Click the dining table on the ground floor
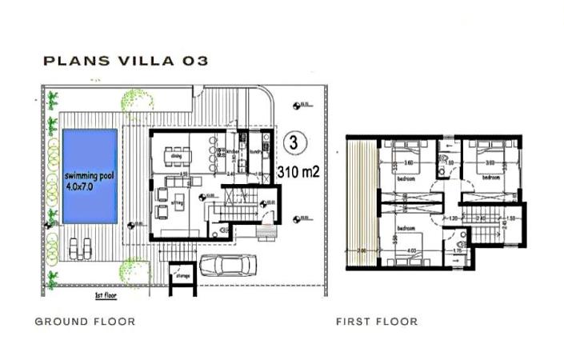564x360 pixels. pyautogui.click(x=178, y=150)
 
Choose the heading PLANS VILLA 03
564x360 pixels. pyautogui.click(x=125, y=62)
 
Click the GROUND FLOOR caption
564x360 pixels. pyautogui.click(x=85, y=322)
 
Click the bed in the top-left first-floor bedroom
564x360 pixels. pyautogui.click(x=404, y=154)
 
